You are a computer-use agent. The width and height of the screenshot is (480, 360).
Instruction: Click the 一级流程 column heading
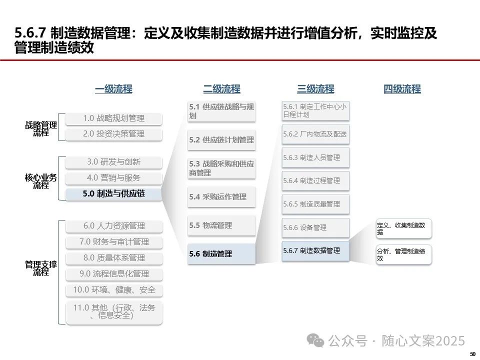pyautogui.click(x=113, y=89)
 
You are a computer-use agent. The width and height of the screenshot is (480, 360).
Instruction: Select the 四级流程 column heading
pyautogui.click(x=402, y=89)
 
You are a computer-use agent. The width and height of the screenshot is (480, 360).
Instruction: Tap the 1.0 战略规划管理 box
pyautogui.click(x=114, y=118)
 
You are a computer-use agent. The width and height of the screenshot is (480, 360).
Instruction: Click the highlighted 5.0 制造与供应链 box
pyautogui.click(x=114, y=193)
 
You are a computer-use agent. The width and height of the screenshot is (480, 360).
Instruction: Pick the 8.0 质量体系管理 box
pyautogui.click(x=114, y=258)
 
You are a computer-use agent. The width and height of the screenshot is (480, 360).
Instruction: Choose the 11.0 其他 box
pyautogui.click(x=114, y=311)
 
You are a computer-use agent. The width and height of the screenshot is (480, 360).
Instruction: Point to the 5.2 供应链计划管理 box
pyautogui.click(x=221, y=140)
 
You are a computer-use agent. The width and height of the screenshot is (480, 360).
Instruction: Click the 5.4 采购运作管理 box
pyautogui.click(x=221, y=197)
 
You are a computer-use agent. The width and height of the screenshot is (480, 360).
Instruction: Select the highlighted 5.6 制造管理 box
pyautogui.click(x=221, y=254)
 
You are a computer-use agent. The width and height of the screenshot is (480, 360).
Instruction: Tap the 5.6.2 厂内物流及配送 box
pyautogui.click(x=315, y=134)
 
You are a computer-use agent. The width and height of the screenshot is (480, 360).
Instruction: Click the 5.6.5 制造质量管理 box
pyautogui.click(x=315, y=204)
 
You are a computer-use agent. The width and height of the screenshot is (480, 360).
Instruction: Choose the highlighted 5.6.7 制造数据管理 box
pyautogui.click(x=315, y=250)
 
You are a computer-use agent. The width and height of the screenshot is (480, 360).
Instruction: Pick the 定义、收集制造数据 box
pyautogui.click(x=403, y=229)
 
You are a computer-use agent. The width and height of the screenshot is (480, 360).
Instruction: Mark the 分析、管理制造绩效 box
pyautogui.click(x=403, y=255)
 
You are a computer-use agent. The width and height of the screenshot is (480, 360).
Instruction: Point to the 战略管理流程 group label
pyautogui.click(x=41, y=129)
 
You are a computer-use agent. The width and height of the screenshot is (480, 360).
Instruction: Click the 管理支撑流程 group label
pyautogui.click(x=41, y=268)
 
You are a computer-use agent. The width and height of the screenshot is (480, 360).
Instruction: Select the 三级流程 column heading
pyautogui.click(x=315, y=89)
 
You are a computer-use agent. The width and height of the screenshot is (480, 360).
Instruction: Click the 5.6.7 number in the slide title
pyautogui.click(x=31, y=34)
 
